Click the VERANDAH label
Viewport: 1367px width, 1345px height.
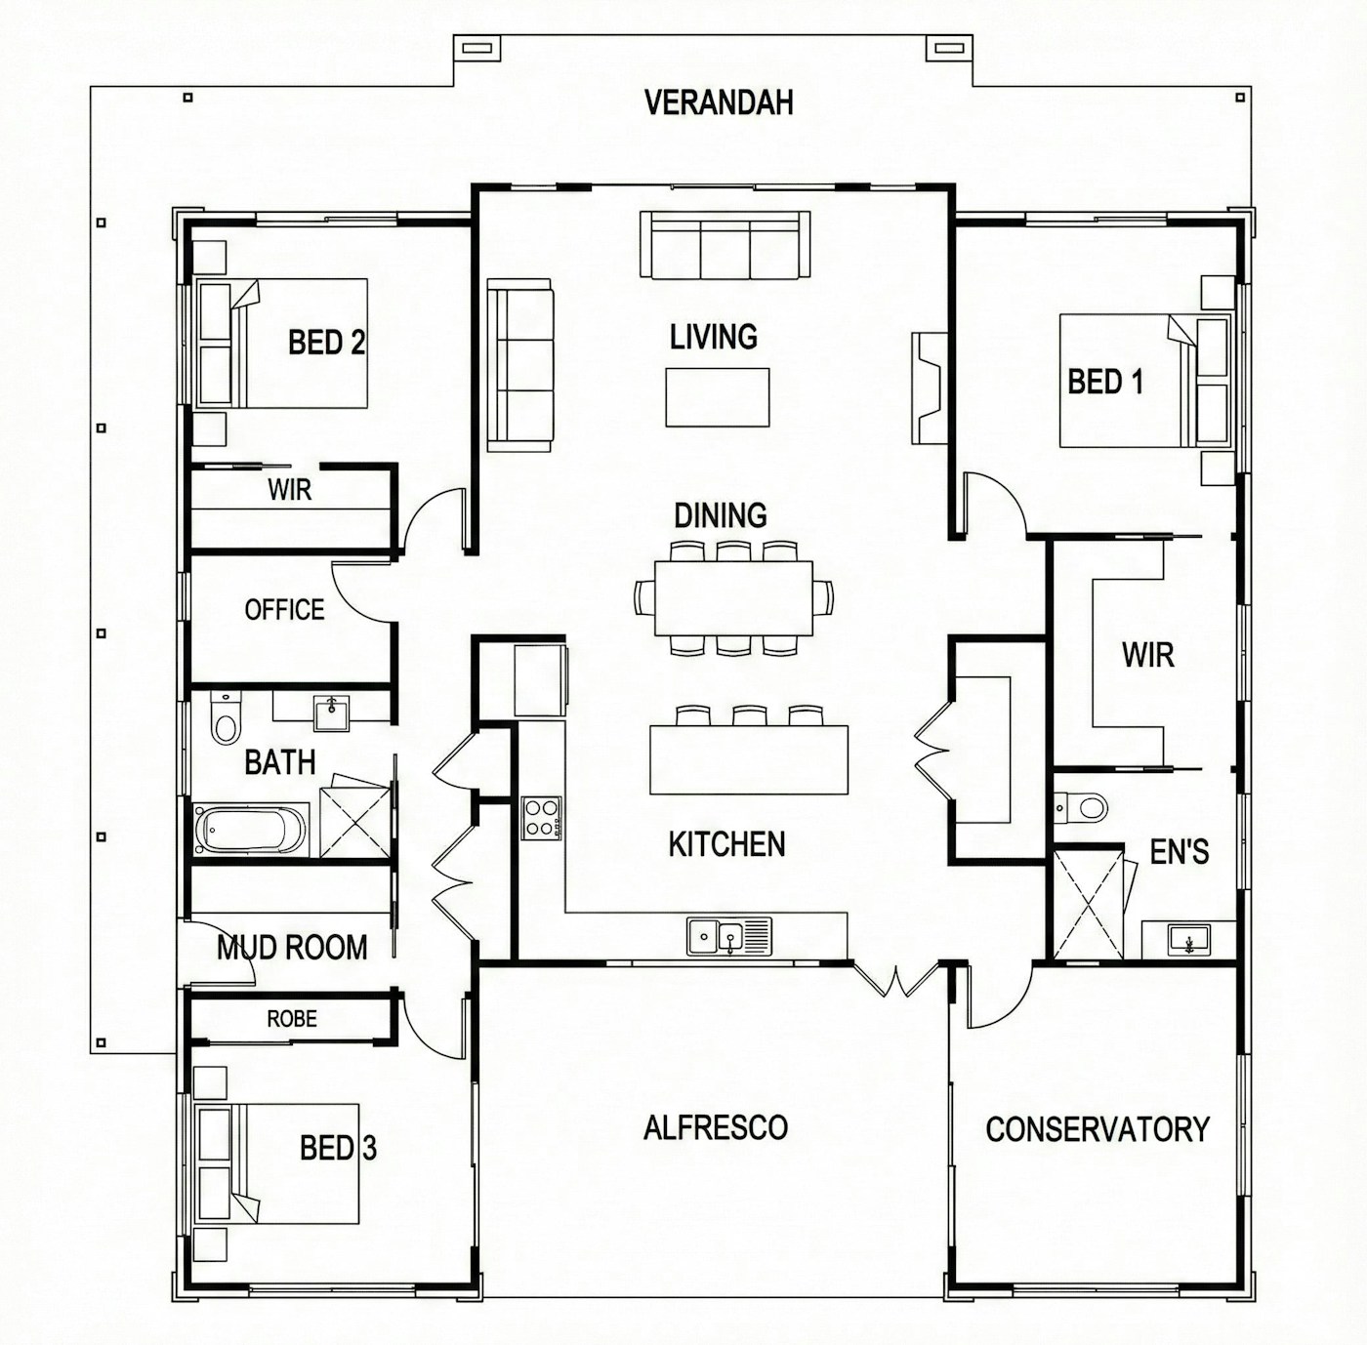point(718,102)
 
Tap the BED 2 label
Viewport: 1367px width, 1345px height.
point(326,343)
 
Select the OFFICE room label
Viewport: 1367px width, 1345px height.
point(284,609)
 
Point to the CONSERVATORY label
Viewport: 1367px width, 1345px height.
point(1098,1129)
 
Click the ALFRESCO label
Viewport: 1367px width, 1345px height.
point(715,1127)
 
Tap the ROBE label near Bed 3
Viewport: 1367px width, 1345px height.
point(292,1019)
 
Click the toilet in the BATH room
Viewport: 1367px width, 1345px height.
point(227,718)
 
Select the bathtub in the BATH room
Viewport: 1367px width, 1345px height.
point(250,830)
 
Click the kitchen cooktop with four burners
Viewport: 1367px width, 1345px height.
point(543,818)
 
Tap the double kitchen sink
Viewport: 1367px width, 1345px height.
point(729,936)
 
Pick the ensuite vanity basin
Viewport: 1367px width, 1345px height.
point(1189,939)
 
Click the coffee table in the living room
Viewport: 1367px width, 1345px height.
point(718,397)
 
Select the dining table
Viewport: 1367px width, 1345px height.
point(733,598)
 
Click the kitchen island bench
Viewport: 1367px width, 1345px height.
point(748,759)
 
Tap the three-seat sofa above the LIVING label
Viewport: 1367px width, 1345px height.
point(725,245)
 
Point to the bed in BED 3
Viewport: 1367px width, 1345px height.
point(276,1163)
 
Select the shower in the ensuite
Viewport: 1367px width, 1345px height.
point(1088,905)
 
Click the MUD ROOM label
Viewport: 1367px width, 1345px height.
point(292,947)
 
